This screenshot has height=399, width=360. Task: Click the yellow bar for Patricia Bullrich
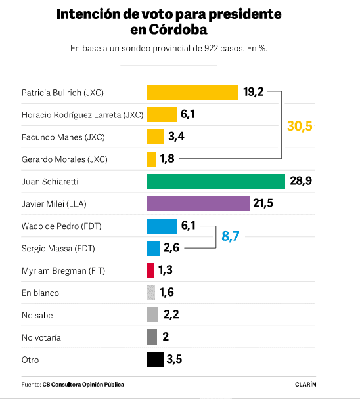(x=192, y=92)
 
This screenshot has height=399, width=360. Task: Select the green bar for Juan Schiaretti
(x=215, y=181)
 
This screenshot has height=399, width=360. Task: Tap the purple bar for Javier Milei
(x=198, y=204)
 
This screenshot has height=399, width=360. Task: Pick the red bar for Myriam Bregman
(x=150, y=270)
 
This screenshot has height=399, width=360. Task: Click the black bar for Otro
(x=155, y=359)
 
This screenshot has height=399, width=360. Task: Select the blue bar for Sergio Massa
(x=153, y=247)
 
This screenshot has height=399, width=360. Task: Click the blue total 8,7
(x=231, y=236)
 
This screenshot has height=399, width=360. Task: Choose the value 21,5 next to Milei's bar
(x=264, y=204)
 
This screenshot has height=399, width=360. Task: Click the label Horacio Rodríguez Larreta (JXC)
(x=81, y=114)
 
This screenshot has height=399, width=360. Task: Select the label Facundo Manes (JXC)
(x=63, y=136)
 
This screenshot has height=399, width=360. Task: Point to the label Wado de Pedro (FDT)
(x=60, y=226)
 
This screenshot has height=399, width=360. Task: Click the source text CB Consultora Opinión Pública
(x=83, y=385)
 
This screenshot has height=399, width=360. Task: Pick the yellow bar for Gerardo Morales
(x=151, y=159)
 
